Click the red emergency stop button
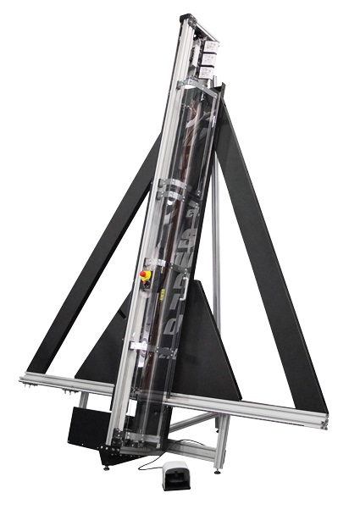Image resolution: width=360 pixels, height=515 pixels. pos(145,274)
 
